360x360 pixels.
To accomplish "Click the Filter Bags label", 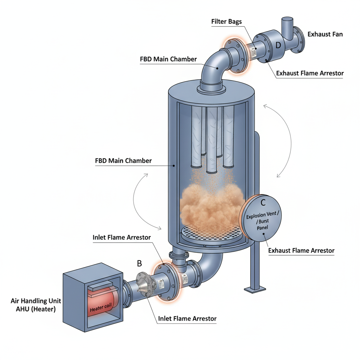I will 226,21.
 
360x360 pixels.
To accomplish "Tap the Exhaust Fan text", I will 325,34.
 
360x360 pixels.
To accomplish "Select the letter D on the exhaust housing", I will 278,45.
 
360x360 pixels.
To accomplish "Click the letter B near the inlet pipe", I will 139,263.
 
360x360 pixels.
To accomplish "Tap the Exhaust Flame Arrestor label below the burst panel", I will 301,251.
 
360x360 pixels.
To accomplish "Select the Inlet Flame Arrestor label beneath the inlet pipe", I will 187,319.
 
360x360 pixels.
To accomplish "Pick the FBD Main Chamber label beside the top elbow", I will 168,59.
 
